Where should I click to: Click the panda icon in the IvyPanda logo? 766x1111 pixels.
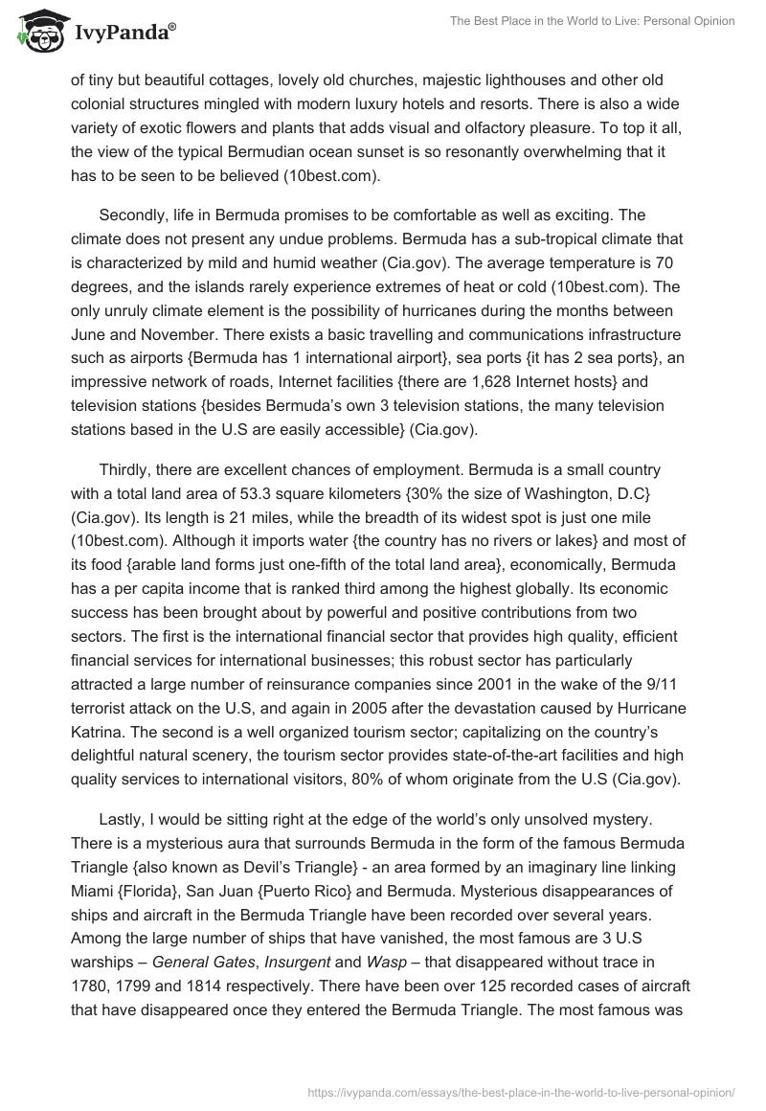pos(36,32)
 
